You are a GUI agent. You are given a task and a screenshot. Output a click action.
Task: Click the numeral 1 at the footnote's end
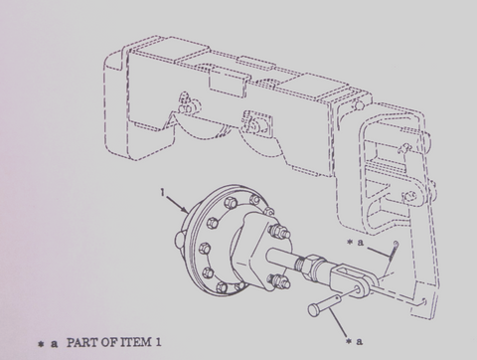coord(170,343)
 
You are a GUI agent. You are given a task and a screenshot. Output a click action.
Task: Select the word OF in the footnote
coord(119,343)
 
